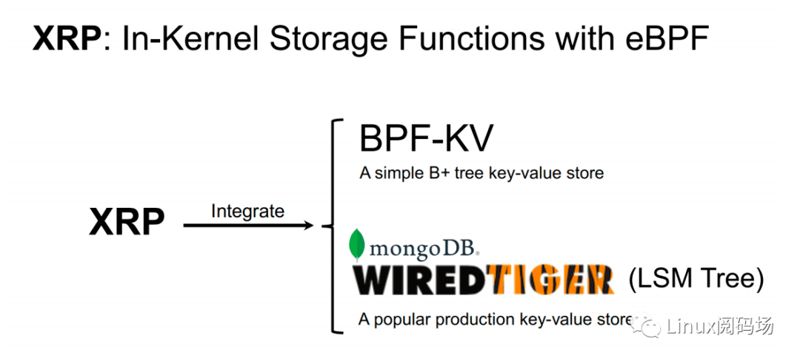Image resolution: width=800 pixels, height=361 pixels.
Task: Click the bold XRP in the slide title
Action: (67, 38)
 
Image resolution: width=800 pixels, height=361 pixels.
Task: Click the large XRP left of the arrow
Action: (127, 222)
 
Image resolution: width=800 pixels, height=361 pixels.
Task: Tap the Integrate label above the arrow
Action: (247, 211)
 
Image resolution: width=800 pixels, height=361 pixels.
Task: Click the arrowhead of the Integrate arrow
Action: (307, 225)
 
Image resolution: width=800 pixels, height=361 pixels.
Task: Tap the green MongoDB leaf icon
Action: (356, 244)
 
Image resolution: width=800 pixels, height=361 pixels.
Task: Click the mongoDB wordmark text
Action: (424, 249)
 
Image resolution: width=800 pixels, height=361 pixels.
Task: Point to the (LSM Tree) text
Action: (696, 280)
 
